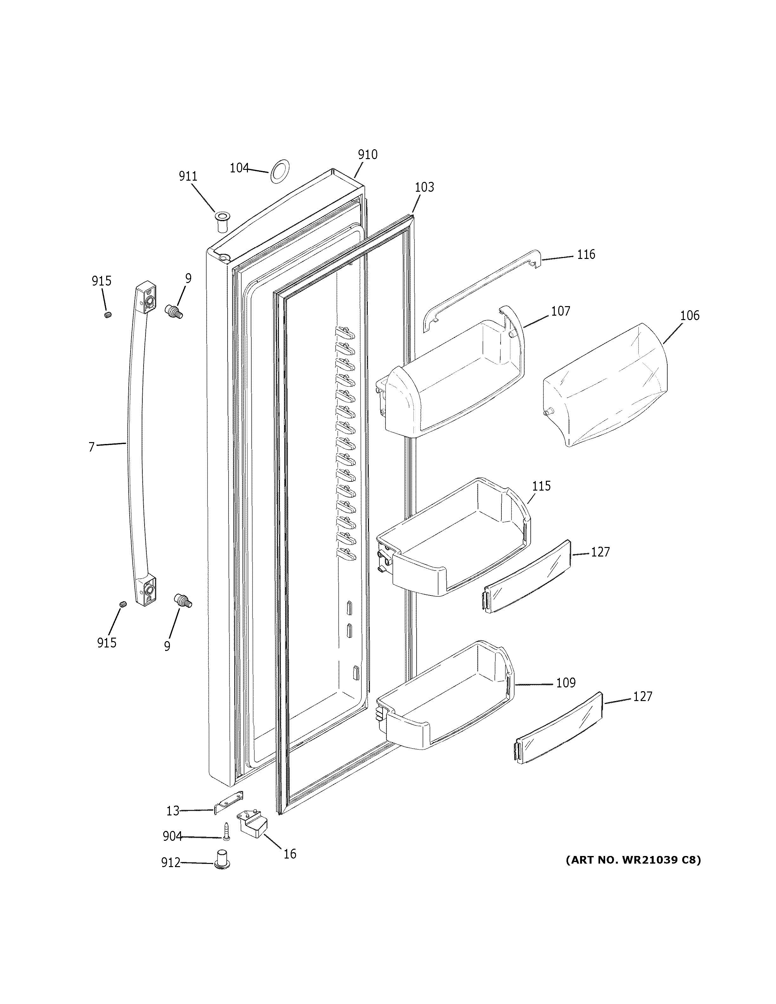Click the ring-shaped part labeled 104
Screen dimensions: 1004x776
pyautogui.click(x=280, y=171)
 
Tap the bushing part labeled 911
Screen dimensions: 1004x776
pyautogui.click(x=222, y=222)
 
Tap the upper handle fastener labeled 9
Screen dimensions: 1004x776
pyautogui.click(x=174, y=311)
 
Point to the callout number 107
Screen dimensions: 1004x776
pyautogui.click(x=560, y=311)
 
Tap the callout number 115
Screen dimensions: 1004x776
pyautogui.click(x=541, y=486)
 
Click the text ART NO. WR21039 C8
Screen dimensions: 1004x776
pyautogui.click(x=633, y=860)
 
